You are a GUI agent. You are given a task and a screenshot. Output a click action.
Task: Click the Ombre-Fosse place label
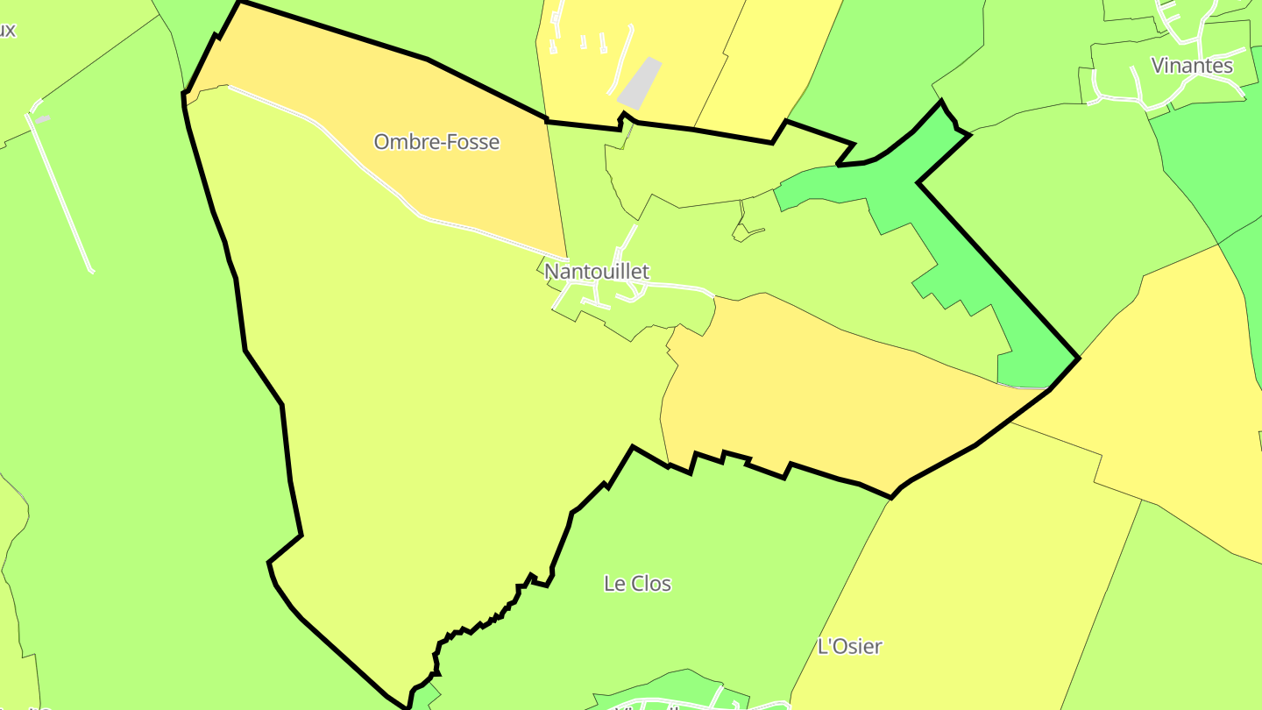(x=436, y=142)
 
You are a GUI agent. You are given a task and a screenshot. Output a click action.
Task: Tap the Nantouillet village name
(x=597, y=272)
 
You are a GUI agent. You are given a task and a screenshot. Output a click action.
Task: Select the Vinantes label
(x=1191, y=66)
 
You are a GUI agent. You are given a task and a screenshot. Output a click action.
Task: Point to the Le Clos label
(x=638, y=584)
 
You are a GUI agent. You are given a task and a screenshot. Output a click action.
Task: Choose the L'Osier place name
(x=849, y=647)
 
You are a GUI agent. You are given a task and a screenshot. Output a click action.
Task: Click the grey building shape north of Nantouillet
(x=640, y=83)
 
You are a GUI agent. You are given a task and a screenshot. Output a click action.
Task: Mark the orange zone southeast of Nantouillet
(x=833, y=394)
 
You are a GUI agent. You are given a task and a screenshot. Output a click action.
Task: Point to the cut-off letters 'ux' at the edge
(x=7, y=31)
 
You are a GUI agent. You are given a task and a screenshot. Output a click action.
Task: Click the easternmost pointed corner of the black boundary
(x=1078, y=358)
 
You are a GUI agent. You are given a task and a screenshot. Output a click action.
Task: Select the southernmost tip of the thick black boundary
(x=408, y=706)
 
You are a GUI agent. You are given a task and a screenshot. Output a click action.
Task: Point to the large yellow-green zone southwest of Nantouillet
(x=421, y=394)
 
